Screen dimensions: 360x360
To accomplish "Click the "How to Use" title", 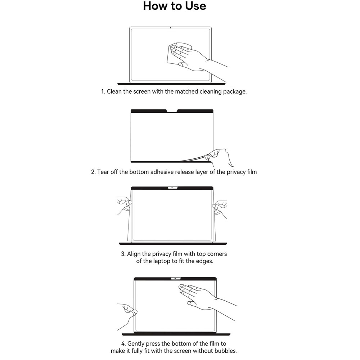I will coord(175,6).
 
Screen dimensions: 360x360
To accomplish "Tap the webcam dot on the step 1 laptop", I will coord(170,28).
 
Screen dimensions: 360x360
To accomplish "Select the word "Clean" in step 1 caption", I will coord(114,91).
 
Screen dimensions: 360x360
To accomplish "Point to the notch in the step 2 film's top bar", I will coord(172,111).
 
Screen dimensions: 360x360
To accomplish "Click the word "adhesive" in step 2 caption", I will coord(161,172).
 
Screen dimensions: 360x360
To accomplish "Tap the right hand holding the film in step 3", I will coord(220,208).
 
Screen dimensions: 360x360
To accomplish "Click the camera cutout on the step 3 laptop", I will coord(172,188).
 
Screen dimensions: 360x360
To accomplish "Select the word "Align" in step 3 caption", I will coord(135,254).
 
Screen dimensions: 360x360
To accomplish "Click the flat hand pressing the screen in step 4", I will coord(198,295).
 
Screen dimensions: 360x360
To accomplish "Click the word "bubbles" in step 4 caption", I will coord(225,351).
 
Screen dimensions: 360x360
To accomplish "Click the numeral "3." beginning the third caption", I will coord(123,254).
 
